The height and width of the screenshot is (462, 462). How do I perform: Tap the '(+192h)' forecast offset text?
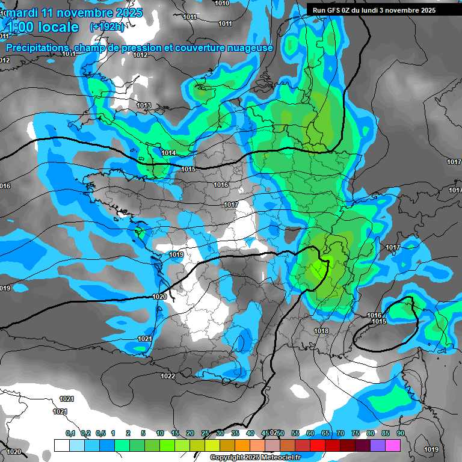click(x=107, y=26)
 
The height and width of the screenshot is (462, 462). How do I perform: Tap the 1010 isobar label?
click(x=222, y=3)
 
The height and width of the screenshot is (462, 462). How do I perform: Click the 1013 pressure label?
click(x=144, y=105)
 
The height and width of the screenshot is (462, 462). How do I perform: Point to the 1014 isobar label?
click(x=168, y=153)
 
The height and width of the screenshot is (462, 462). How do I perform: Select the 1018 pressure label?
click(x=321, y=331)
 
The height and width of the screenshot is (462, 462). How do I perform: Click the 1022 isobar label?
click(x=168, y=376)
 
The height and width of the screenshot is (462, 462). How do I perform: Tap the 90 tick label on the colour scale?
click(x=400, y=433)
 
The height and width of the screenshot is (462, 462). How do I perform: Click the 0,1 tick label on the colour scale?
click(x=70, y=433)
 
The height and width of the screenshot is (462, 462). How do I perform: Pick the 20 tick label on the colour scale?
click(x=189, y=433)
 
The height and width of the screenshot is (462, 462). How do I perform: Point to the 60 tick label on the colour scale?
click(x=310, y=433)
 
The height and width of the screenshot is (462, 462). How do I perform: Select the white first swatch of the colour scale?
click(x=61, y=445)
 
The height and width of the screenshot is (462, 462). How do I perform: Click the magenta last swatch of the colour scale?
click(x=393, y=445)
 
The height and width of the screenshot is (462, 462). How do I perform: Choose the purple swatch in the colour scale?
click(x=378, y=445)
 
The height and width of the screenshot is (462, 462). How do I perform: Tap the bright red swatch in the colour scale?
click(x=318, y=445)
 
